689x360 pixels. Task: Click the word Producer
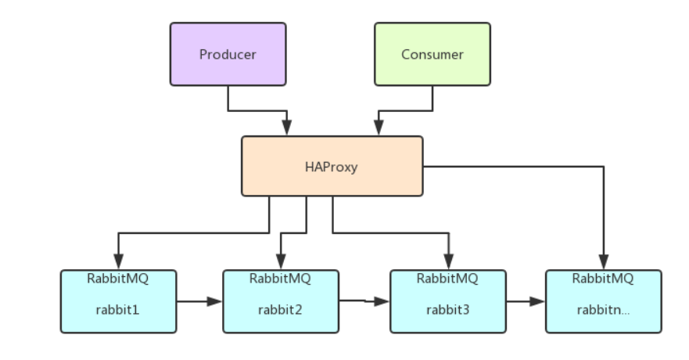(x=228, y=55)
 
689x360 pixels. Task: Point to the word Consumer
(x=432, y=55)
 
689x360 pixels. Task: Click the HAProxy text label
(x=331, y=167)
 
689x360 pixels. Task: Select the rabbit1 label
(x=117, y=308)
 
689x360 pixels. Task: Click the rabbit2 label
(x=280, y=308)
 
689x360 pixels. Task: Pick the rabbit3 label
(x=447, y=308)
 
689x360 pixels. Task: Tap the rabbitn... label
(x=603, y=308)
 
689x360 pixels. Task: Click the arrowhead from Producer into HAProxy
(x=287, y=129)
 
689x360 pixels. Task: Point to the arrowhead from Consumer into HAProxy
(x=379, y=129)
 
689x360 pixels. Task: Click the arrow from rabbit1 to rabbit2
(x=199, y=301)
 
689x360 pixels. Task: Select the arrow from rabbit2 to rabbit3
(x=364, y=301)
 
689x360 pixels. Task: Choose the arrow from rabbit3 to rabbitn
(x=526, y=301)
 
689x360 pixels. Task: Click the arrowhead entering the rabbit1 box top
(x=118, y=263)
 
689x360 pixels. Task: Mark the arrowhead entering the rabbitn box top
(x=603, y=263)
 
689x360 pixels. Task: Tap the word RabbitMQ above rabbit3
(x=447, y=279)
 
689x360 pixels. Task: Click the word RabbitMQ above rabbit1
(x=117, y=279)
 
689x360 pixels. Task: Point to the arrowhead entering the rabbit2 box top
(x=280, y=263)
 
